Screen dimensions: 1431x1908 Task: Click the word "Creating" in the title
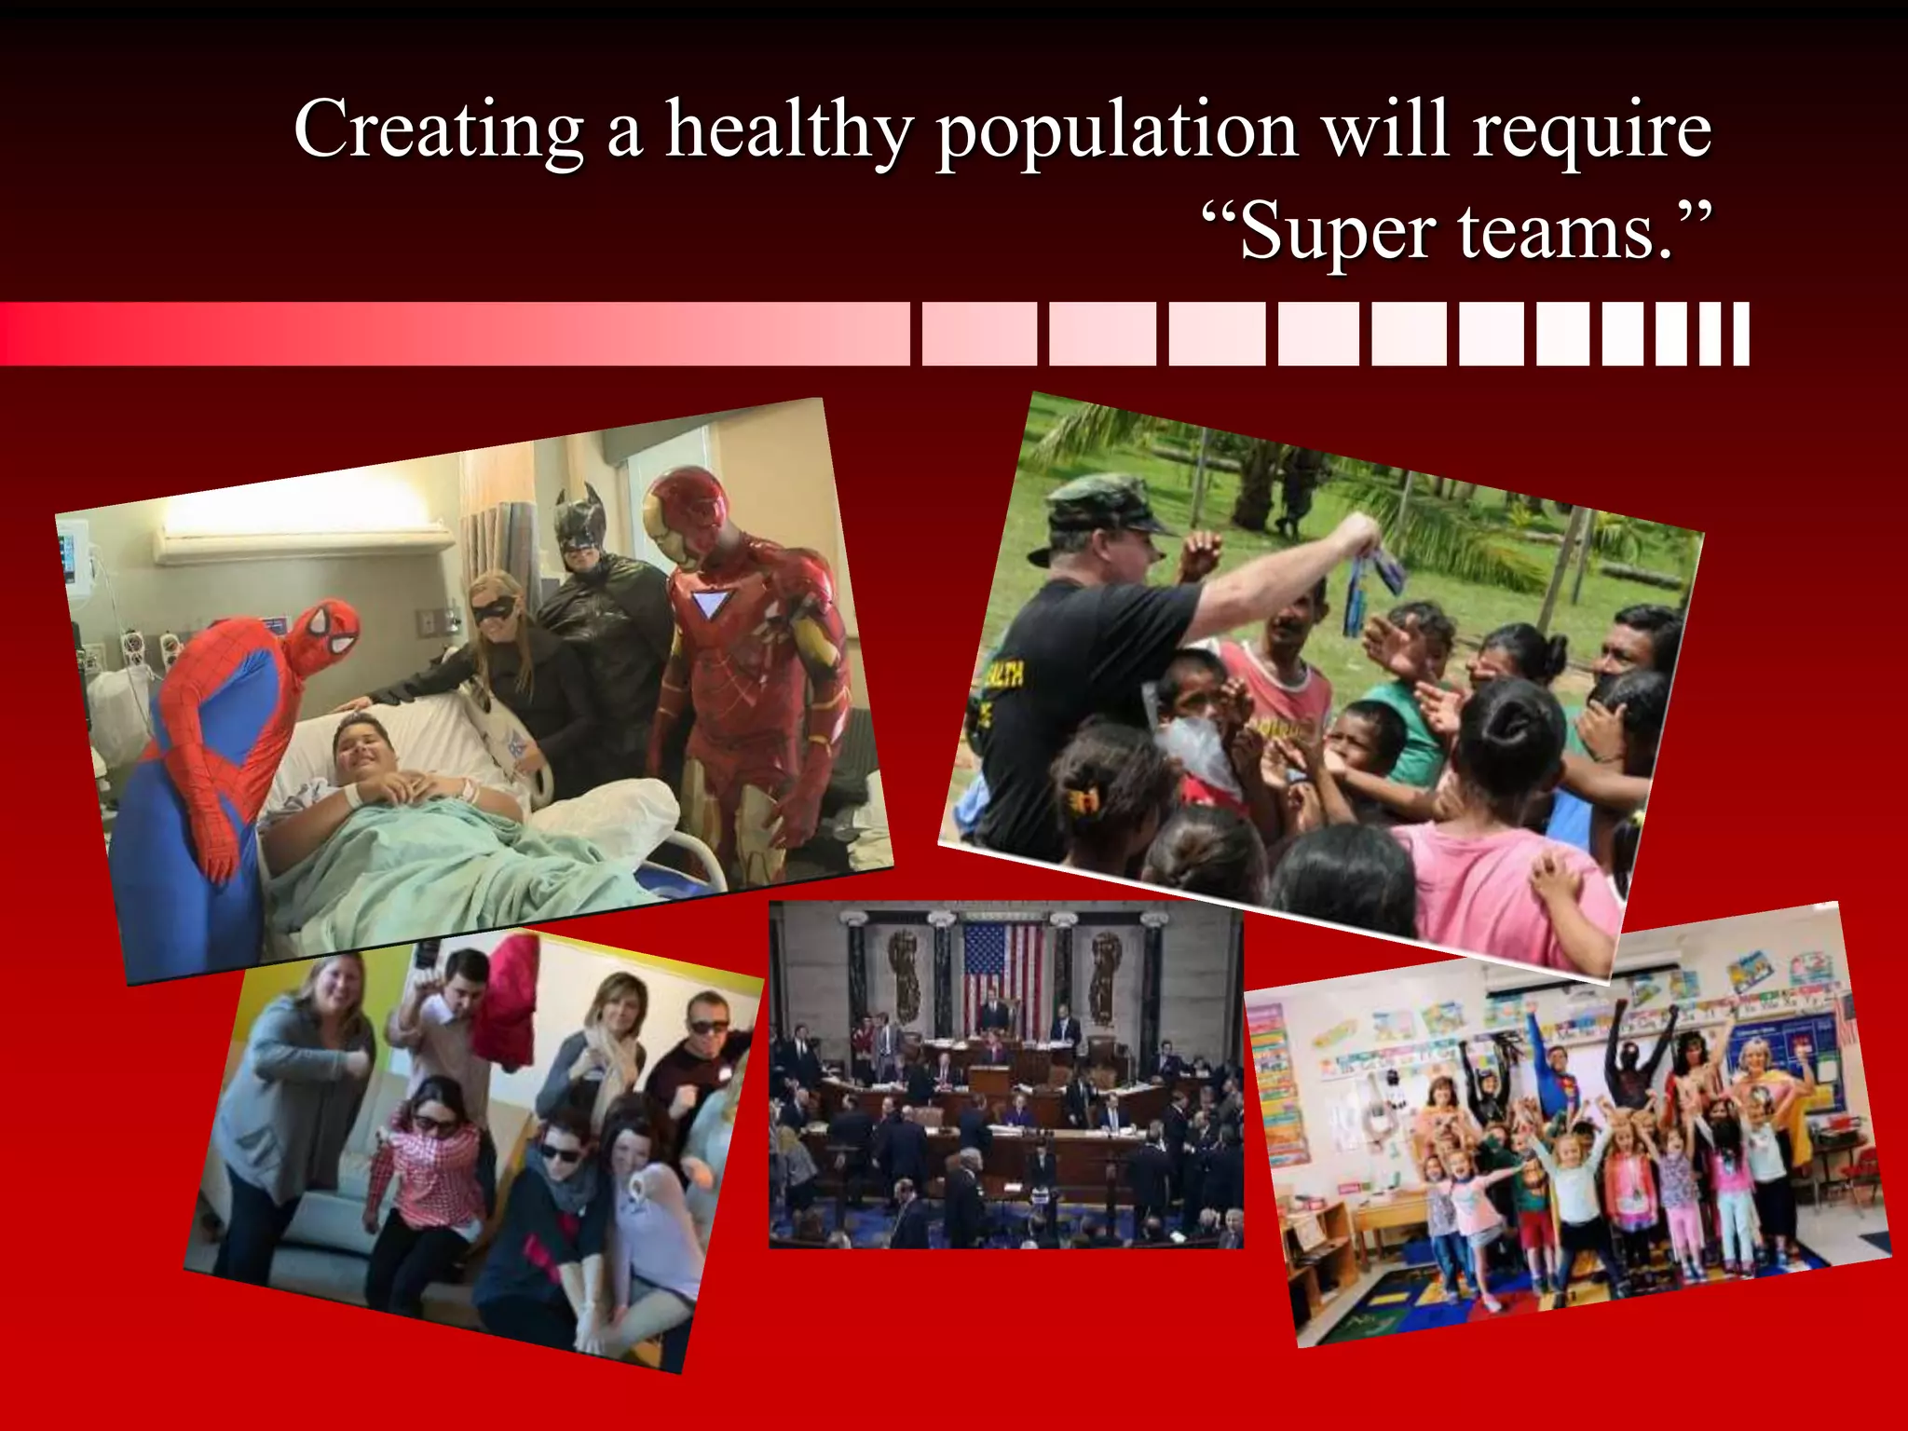tap(438, 130)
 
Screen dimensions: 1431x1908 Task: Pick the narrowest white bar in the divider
tap(1740, 334)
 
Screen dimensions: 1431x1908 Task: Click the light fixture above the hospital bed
tap(307, 526)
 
